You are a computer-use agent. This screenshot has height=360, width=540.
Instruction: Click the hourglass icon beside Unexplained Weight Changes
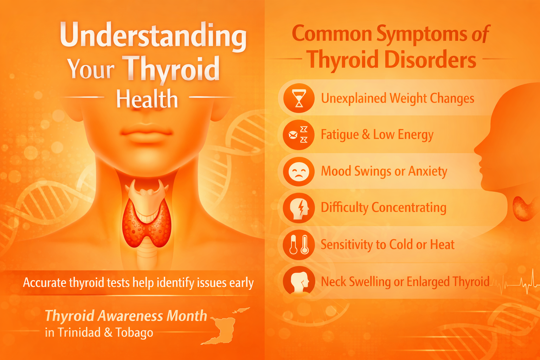click(299, 98)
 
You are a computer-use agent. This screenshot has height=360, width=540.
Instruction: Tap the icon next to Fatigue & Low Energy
click(299, 135)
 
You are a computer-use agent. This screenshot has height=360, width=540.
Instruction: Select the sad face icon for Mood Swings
click(299, 172)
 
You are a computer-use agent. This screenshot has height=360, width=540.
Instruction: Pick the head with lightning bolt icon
click(299, 208)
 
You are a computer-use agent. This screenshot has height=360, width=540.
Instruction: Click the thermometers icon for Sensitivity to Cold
click(299, 245)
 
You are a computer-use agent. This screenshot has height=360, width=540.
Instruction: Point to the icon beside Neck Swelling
click(299, 281)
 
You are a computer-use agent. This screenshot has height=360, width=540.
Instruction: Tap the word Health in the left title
click(147, 99)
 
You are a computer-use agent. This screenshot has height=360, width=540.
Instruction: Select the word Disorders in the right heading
click(430, 59)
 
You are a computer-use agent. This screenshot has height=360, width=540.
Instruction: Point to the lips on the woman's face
click(146, 133)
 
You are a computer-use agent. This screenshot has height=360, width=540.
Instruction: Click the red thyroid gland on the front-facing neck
click(147, 223)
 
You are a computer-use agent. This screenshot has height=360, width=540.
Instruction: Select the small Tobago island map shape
click(241, 310)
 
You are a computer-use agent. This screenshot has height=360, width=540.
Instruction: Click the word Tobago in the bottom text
click(134, 333)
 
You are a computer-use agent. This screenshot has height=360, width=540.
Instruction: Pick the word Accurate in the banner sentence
click(45, 282)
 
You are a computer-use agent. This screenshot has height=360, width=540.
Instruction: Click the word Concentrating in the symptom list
click(409, 208)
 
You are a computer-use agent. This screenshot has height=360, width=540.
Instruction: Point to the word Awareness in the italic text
click(130, 316)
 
